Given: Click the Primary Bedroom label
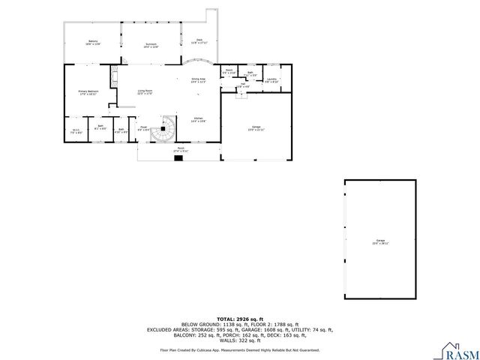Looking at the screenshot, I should tap(88, 93).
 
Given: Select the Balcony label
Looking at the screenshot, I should tap(93, 43).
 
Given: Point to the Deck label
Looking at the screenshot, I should tap(199, 41).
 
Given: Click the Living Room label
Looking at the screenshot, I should tap(145, 92).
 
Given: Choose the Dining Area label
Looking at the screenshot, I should tap(199, 80).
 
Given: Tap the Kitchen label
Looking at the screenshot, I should tap(199, 120).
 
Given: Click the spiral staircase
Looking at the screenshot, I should tap(168, 128).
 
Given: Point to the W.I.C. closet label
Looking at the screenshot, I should tap(76, 131).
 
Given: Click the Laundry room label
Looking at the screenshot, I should tap(271, 80).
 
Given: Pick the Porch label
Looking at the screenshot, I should tap(181, 149).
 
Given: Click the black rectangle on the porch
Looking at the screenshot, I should tap(178, 158).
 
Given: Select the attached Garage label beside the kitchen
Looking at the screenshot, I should tap(256, 128).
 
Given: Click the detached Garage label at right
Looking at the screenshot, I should tap(381, 241).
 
